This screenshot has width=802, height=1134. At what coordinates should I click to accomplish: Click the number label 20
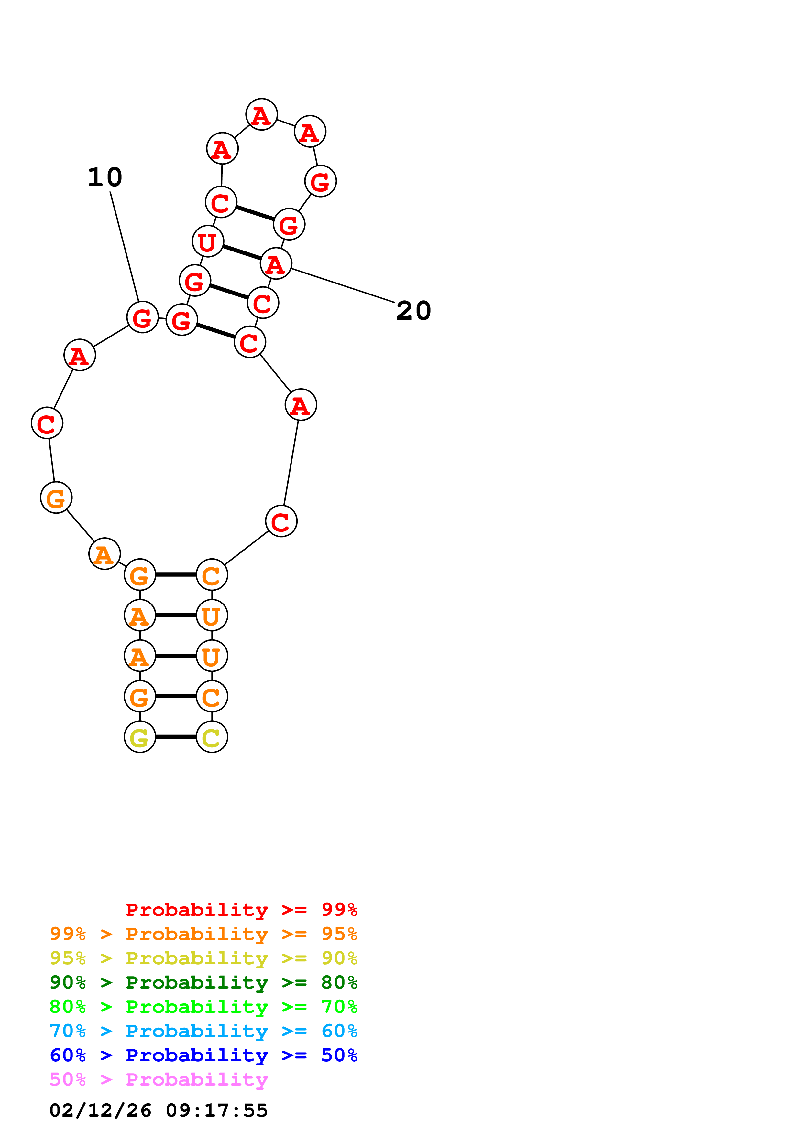click(413, 311)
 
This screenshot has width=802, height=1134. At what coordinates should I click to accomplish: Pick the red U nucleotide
click(208, 241)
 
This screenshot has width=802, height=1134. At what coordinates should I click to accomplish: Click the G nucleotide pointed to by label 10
click(142, 317)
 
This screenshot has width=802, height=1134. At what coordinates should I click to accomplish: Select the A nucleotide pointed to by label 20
click(276, 264)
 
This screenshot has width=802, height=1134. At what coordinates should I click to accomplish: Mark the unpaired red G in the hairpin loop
click(320, 181)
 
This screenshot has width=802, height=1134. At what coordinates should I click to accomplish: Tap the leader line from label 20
click(344, 285)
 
